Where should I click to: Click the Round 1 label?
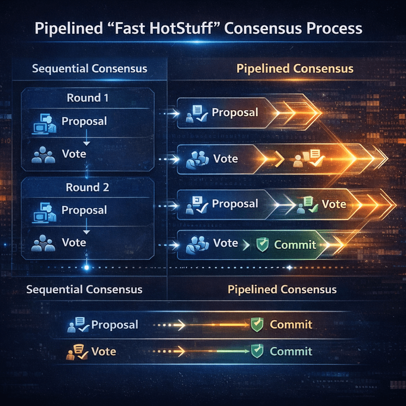(87, 97)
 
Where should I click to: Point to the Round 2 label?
(87, 187)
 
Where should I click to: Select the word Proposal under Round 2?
(84, 210)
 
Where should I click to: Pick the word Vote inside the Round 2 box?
(74, 242)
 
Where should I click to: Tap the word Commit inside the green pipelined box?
(295, 244)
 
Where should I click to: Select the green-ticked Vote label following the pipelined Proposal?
(333, 204)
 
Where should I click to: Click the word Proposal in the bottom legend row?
(115, 325)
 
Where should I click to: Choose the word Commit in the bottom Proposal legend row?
(291, 324)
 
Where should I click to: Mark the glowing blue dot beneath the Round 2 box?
(87, 267)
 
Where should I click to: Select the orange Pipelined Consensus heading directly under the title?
(295, 68)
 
